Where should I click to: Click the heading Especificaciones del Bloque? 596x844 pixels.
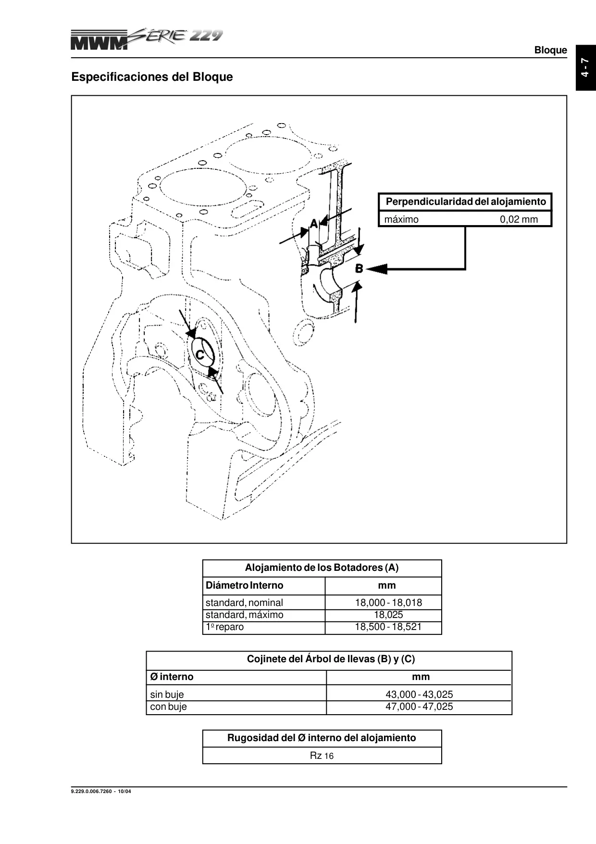[152, 77]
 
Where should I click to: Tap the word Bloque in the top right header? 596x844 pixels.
[550, 50]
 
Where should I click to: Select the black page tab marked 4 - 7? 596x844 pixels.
[585, 67]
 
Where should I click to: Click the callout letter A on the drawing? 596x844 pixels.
[314, 223]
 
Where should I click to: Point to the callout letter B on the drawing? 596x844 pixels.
[359, 268]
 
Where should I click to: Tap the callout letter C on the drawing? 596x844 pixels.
[200, 355]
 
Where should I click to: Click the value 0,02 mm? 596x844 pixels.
[519, 219]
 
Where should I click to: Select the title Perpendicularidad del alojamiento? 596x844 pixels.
[466, 202]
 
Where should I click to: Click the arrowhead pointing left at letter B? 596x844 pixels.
[377, 268]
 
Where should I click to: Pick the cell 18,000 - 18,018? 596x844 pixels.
[388, 603]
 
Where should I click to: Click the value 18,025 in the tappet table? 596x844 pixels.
[388, 615]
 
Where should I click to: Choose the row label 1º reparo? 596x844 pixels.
[224, 627]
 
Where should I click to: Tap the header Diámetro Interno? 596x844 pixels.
[244, 585]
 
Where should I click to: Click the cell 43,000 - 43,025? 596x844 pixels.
[419, 694]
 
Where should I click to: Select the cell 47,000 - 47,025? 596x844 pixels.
[419, 706]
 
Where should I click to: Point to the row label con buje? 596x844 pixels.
[168, 707]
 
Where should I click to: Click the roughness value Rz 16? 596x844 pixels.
[322, 756]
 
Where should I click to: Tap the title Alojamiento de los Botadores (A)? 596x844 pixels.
[322, 567]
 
